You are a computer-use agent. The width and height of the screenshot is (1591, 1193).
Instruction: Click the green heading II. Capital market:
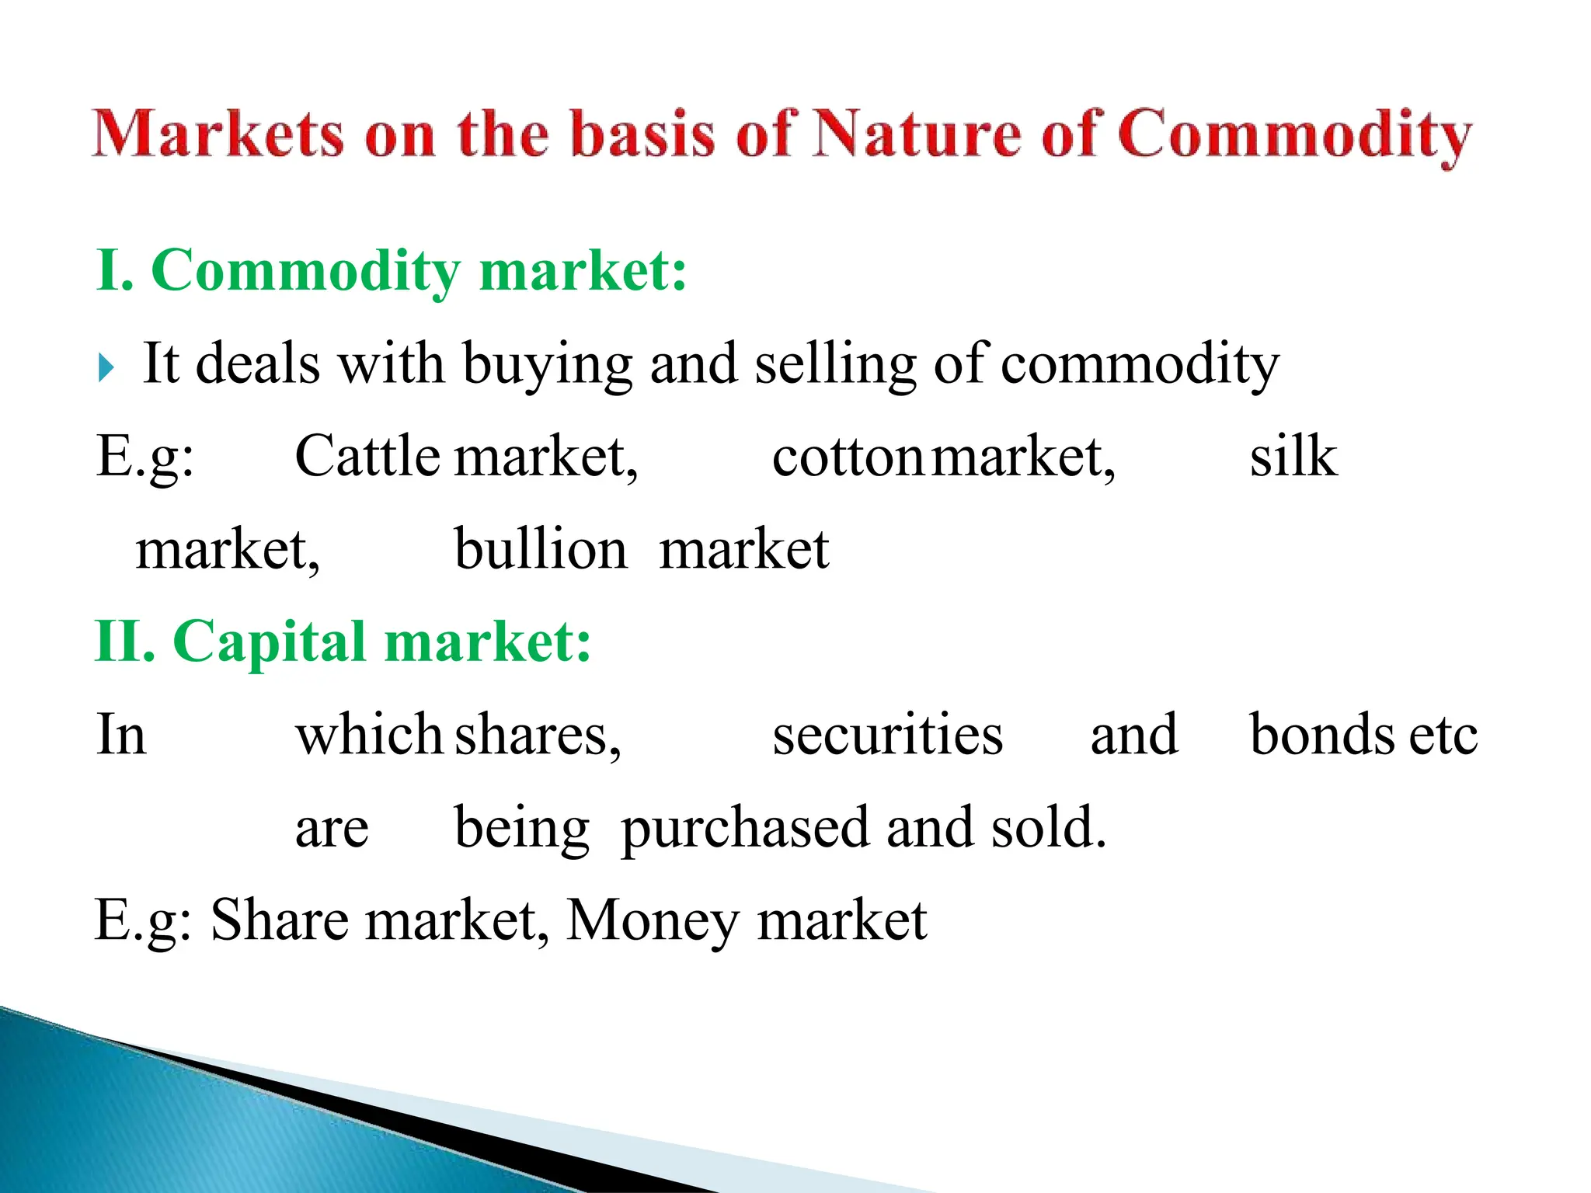[x=343, y=642]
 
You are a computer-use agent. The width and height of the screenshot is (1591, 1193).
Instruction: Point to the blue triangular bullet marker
[x=106, y=367]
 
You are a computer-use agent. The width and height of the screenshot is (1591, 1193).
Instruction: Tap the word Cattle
[x=367, y=456]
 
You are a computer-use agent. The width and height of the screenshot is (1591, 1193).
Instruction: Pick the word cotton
[x=847, y=457]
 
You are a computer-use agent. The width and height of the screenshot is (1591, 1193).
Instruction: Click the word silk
[x=1293, y=456]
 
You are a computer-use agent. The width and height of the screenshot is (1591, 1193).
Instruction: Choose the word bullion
[x=541, y=549]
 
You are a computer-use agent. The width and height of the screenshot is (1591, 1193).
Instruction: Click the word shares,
[x=538, y=736]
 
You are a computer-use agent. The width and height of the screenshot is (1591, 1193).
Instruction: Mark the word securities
[x=887, y=734]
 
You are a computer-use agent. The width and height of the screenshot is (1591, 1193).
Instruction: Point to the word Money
[x=653, y=921]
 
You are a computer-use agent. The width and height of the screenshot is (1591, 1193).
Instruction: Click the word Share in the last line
[x=280, y=920]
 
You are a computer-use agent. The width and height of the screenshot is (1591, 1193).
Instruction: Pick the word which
[x=369, y=734]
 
